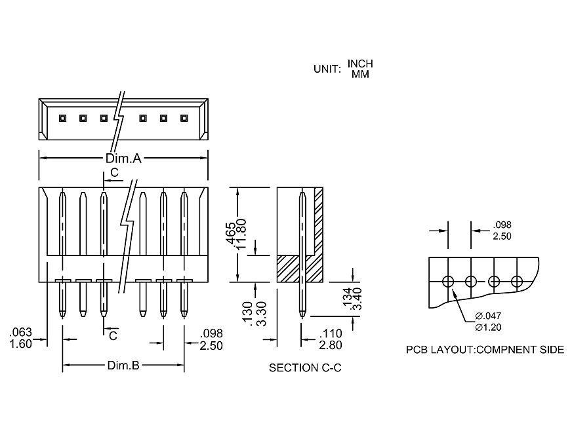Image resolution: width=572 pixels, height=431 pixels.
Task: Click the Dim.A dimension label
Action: [x=124, y=159]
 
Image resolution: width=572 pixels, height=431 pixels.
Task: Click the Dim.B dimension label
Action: [x=123, y=365]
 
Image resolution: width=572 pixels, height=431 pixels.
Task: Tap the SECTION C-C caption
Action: [x=305, y=368]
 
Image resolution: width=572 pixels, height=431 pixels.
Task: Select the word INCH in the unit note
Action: [x=360, y=64]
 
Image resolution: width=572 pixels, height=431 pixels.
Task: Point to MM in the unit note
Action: [x=360, y=74]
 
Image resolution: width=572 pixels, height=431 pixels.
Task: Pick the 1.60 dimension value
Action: [x=22, y=344]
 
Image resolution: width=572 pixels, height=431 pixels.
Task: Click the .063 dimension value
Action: [x=22, y=333]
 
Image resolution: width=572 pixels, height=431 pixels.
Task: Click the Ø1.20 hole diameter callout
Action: [x=489, y=327]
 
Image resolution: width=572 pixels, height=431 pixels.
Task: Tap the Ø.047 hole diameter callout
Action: [x=489, y=316]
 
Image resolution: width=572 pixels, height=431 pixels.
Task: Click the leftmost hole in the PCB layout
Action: [x=448, y=282]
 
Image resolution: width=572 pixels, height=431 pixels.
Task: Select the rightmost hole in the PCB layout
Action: [x=517, y=282]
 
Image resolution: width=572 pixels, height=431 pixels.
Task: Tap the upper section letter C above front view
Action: [x=114, y=173]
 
